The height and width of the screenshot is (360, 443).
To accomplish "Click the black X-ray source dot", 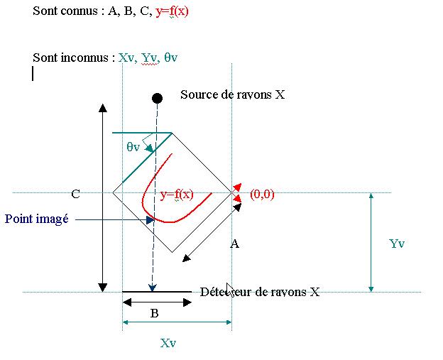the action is pos(157,97).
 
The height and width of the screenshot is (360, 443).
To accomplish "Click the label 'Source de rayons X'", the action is pos(233,94).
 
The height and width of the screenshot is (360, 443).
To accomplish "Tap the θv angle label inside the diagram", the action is pos(133,147).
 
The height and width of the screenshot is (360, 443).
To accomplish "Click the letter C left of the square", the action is pos(75,193).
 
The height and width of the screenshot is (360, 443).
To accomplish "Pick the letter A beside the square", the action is pos(234,244).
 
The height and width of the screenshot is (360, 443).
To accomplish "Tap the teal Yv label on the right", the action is pos(397,244).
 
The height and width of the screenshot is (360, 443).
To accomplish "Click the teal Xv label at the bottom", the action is pos(168,343).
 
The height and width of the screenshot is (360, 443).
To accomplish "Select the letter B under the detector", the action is pos(154,313).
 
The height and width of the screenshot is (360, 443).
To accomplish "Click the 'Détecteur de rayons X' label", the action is pos(260,291).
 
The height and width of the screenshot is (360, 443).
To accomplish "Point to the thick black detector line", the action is pos(157,291).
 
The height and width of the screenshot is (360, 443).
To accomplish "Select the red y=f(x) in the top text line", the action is pos(173,12).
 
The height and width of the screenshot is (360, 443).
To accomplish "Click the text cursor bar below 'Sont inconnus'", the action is pos(33,73).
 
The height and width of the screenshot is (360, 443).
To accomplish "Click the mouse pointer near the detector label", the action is pos(229,289).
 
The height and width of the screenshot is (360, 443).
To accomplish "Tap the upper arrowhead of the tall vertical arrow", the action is pos(103,108).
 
